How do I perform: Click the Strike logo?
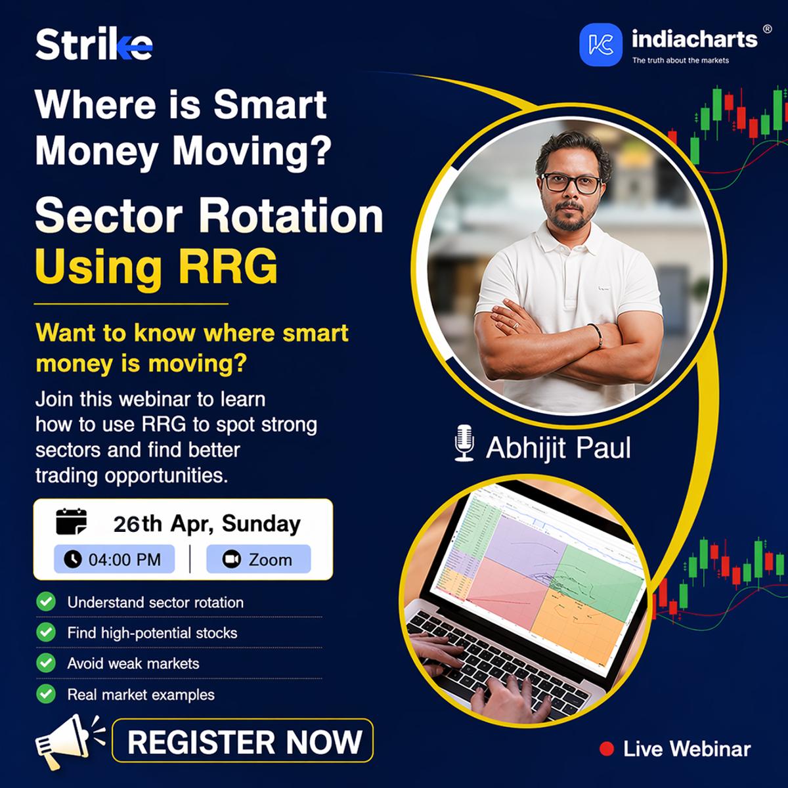point(94,45)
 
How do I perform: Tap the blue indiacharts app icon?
point(601,45)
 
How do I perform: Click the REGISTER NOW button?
point(243,741)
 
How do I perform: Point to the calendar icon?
point(71,521)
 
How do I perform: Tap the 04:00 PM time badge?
point(114,559)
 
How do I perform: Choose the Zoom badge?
point(258,559)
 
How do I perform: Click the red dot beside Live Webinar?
point(607,749)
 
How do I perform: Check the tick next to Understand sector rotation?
point(46,602)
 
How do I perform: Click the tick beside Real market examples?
point(46,693)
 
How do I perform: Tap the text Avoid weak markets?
point(133,663)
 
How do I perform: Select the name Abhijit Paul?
point(558,448)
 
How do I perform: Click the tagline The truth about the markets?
point(680,60)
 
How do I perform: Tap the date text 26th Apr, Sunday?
point(207,523)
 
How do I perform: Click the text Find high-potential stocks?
point(152,633)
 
